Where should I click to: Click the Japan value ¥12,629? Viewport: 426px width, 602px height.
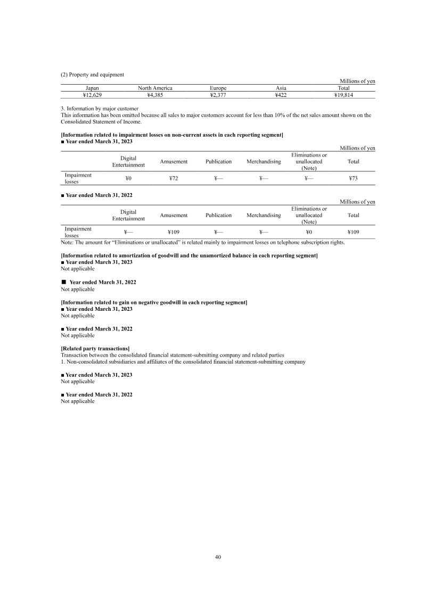pos(92,95)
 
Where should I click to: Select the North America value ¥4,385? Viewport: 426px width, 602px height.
pos(155,95)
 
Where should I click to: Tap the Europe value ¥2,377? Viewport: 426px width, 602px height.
pos(218,95)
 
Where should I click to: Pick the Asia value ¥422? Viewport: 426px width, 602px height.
pos(281,95)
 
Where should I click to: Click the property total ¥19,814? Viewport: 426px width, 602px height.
pos(343,95)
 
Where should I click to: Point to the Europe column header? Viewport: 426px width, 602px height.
pos(218,88)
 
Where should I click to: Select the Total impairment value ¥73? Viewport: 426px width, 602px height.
pos(353,178)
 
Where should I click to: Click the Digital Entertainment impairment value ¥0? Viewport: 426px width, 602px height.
pos(128,178)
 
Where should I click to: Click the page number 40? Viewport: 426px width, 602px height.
pos(218,557)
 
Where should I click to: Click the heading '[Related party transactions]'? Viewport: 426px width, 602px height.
pos(95,349)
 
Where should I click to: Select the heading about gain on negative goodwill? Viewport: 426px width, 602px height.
pos(154,302)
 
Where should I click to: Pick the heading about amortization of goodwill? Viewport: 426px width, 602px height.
pos(189,256)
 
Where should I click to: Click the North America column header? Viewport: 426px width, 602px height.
pos(155,88)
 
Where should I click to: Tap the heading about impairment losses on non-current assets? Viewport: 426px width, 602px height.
pos(172,135)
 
